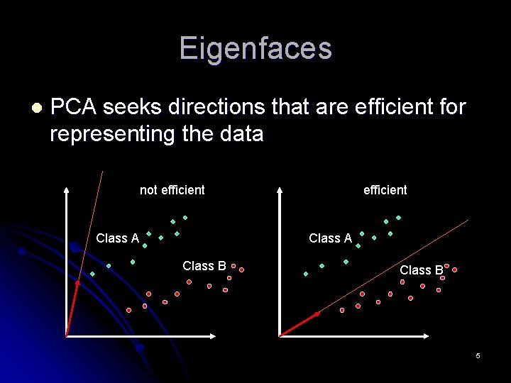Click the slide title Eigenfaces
pos(255,49)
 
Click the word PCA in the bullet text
pos(74,107)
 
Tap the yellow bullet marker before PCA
pos(35,108)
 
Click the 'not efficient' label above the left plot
pos(172,190)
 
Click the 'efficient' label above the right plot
pos(385,190)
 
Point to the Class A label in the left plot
pos(117,238)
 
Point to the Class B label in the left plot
pos(204,266)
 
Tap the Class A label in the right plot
pos(330,238)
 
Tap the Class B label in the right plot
pos(421,270)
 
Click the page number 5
pos(478,355)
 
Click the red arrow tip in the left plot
pos(78,283)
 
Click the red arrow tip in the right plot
pos(317,313)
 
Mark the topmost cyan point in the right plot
pos(398,217)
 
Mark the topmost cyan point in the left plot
pos(185,217)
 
